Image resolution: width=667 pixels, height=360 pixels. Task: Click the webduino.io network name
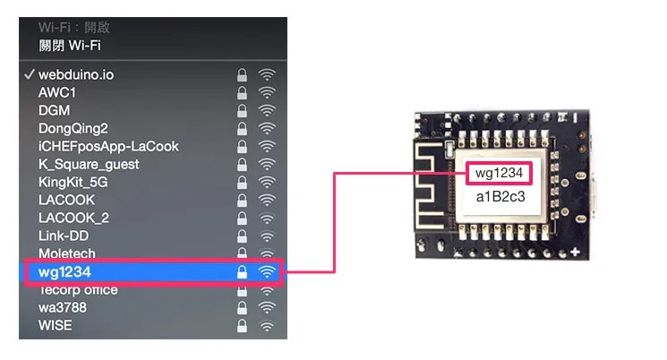point(76,75)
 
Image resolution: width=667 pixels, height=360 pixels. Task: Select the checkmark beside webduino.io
point(29,75)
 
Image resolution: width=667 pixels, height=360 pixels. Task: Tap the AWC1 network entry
point(57,93)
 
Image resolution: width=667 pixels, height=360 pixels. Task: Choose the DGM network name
point(54,111)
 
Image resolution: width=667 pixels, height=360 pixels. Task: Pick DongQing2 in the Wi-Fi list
point(73,129)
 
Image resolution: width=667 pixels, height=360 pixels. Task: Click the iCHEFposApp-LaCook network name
point(108,146)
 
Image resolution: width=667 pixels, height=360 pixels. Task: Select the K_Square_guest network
point(89,165)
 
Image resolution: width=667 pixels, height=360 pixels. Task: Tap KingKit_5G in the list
point(73,182)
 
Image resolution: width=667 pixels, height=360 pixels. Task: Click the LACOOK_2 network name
point(73,218)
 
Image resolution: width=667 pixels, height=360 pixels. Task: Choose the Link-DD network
point(64,236)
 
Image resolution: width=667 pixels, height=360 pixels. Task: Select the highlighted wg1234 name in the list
point(64,272)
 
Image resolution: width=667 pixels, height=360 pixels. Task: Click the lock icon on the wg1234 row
point(242,271)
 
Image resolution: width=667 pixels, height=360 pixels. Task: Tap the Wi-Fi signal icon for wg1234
point(267,271)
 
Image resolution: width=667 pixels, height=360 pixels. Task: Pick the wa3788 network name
point(63,307)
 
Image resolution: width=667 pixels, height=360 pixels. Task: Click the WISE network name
point(56,325)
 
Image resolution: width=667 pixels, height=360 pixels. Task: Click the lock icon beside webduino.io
point(242,75)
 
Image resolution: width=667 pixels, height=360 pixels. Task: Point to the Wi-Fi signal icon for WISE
point(267,326)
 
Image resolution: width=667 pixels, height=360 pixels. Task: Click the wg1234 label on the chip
point(499,173)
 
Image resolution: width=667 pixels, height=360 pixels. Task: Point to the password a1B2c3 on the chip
point(500,197)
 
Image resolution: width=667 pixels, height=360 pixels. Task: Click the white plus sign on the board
point(575,252)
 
